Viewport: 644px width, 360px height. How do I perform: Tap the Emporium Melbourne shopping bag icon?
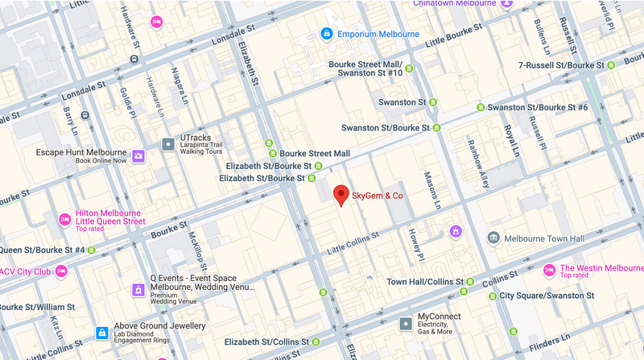[x=326, y=34]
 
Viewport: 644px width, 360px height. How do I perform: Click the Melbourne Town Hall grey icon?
[x=493, y=238]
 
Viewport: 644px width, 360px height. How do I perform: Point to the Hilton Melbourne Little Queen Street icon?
[x=65, y=219]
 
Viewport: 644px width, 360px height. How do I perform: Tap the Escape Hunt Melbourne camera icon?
[x=138, y=155]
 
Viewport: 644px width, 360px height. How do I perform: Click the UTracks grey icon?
[x=167, y=144]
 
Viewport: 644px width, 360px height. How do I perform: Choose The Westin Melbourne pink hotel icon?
[x=549, y=270]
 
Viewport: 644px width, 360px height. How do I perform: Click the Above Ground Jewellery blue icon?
[x=102, y=332]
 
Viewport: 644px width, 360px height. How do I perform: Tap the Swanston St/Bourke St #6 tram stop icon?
[x=481, y=107]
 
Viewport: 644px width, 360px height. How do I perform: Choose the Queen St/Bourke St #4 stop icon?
[x=93, y=250]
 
